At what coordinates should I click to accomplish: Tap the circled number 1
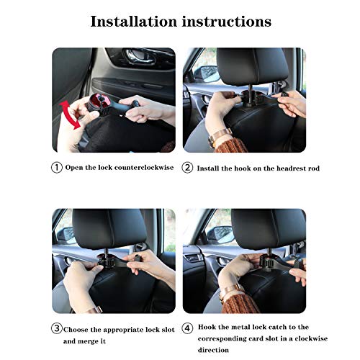(x=57, y=168)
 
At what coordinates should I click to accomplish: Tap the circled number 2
(x=187, y=168)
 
